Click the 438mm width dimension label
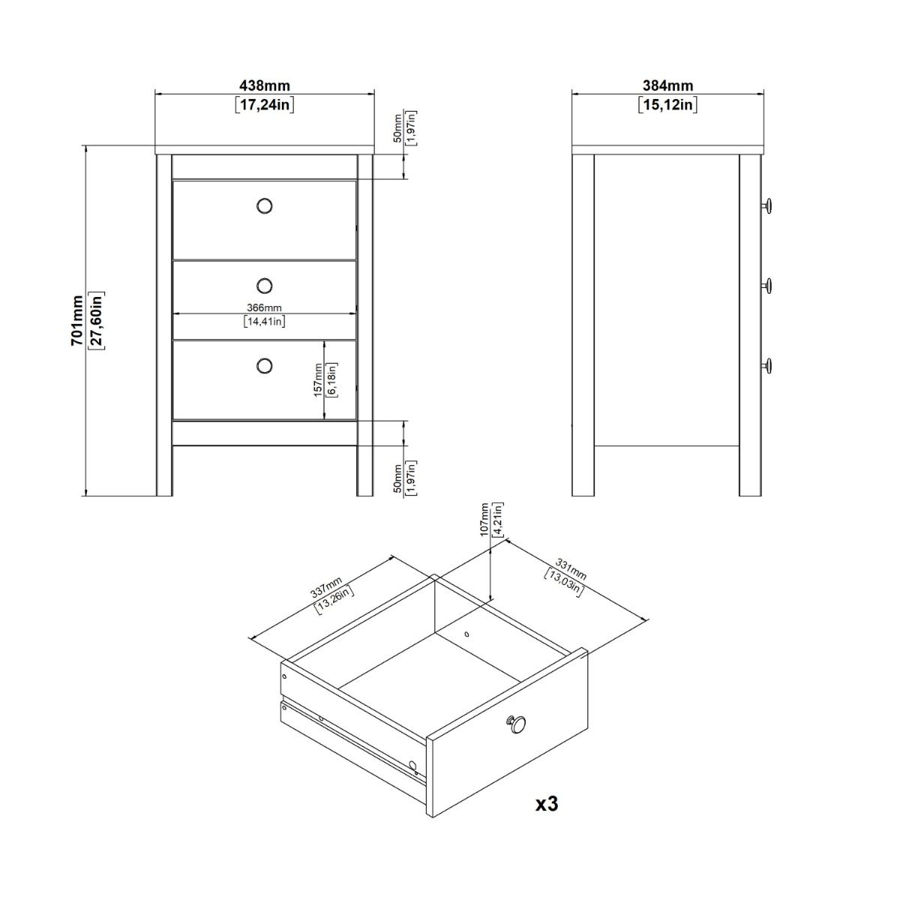tap(264, 86)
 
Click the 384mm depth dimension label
tap(667, 86)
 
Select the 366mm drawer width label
tap(264, 307)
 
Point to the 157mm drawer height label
tap(318, 379)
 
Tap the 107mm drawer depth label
tap(484, 518)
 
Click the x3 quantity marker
tap(547, 804)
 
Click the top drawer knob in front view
tap(264, 205)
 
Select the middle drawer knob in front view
tap(264, 285)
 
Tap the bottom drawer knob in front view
tap(264, 365)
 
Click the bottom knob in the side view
tap(767, 365)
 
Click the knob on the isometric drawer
tap(515, 724)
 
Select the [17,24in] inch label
tap(264, 104)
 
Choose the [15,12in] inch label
tap(667, 104)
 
